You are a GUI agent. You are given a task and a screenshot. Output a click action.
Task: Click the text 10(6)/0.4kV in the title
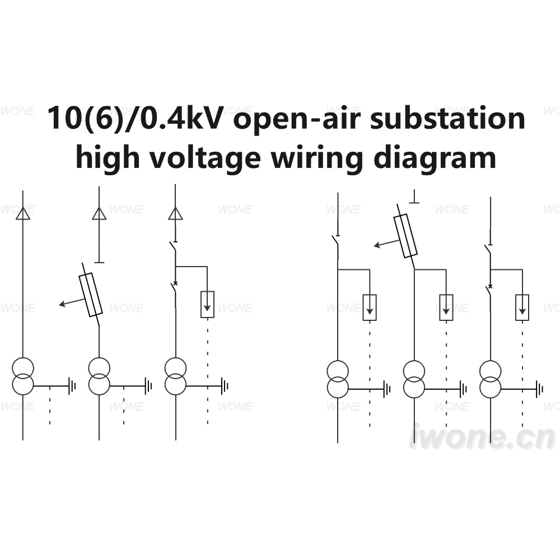(x=136, y=118)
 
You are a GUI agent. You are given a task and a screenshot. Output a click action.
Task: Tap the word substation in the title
(x=447, y=118)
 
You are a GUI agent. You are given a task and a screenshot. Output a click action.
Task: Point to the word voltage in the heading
(x=205, y=158)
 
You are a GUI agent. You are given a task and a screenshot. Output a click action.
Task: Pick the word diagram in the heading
(x=435, y=158)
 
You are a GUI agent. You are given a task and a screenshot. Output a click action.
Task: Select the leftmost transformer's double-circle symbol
(x=23, y=376)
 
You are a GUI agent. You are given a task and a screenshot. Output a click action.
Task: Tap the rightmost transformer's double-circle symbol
(x=491, y=379)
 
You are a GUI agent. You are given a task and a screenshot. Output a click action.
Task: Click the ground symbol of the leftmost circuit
(x=72, y=386)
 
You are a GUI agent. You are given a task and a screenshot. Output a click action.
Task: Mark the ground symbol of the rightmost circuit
(x=539, y=389)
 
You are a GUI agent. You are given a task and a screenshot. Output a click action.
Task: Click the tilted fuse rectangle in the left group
(x=90, y=295)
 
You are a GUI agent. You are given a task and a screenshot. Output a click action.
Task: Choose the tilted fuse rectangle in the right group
(x=405, y=236)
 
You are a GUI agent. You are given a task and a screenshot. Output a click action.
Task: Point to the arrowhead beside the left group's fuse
(x=62, y=304)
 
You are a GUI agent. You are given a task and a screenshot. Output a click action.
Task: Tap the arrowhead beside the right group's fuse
(x=377, y=245)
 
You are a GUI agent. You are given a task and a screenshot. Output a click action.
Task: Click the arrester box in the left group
(x=208, y=304)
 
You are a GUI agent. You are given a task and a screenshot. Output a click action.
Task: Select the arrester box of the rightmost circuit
(x=522, y=307)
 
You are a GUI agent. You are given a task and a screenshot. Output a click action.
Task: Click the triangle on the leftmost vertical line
(x=23, y=213)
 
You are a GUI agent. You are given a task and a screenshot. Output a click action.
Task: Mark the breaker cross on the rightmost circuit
(x=490, y=286)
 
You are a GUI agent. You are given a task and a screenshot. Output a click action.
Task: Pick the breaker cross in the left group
(x=175, y=283)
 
